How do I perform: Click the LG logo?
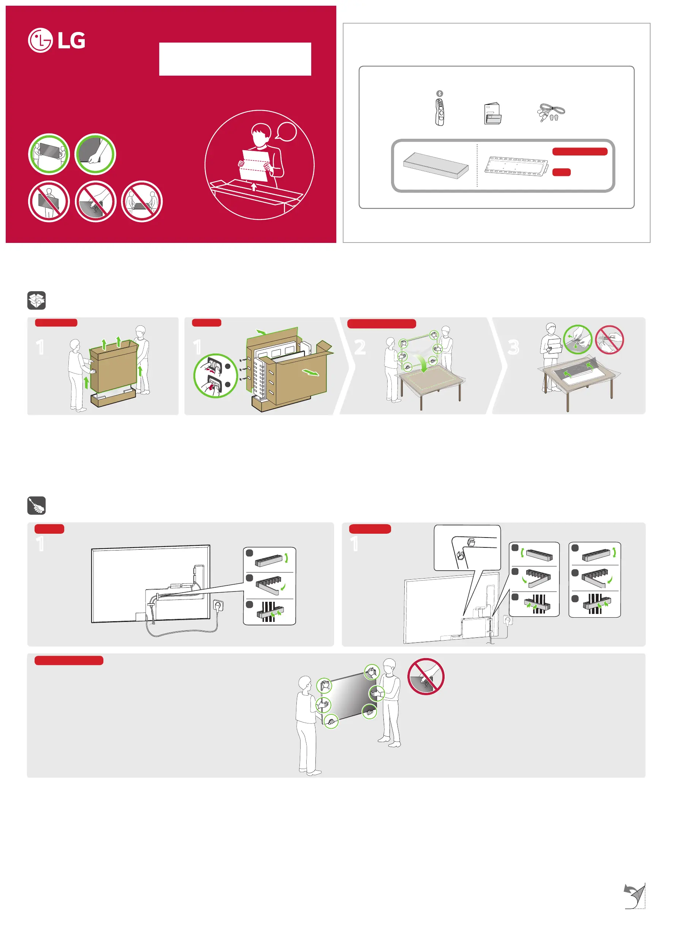click(x=57, y=40)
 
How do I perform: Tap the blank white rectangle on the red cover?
click(x=235, y=59)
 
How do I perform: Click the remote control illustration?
click(x=440, y=112)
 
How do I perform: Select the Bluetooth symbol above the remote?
click(x=440, y=94)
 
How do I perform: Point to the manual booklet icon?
click(x=492, y=113)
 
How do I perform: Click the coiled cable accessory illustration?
click(x=551, y=112)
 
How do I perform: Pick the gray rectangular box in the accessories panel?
click(x=435, y=165)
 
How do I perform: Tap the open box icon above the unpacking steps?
click(x=36, y=300)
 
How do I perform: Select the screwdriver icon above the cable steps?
click(x=36, y=506)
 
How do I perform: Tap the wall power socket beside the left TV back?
click(x=219, y=606)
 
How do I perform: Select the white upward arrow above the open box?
click(x=254, y=187)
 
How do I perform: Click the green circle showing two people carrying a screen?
click(x=49, y=154)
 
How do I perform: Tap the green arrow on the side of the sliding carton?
click(x=311, y=373)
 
